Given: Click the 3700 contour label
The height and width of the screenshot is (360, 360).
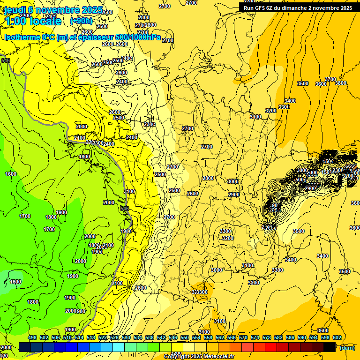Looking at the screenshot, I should pos(330,79).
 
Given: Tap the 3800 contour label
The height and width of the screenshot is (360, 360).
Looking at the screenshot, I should pos(341,83).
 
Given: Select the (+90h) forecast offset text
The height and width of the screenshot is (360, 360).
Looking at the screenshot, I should pos(81,21).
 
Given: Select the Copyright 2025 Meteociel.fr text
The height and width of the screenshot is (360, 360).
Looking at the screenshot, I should pos(199,357).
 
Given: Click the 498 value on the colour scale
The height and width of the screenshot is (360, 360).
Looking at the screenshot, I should pos(32,337).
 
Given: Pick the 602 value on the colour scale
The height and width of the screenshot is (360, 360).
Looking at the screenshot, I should pos(337,337).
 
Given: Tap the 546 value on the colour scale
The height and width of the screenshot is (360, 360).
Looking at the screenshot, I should pos(173,337).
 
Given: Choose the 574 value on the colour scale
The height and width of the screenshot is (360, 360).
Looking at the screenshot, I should pos(255,337).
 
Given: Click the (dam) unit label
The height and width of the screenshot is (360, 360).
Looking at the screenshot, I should pos(347,348).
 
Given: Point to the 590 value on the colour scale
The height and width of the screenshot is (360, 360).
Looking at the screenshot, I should pos(302,337).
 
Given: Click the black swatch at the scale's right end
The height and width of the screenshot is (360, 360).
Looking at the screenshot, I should pos(330,347).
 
